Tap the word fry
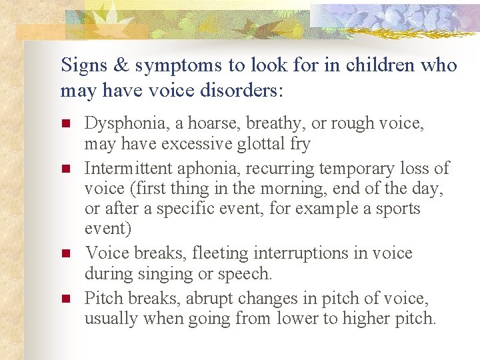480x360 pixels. click(x=299, y=145)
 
